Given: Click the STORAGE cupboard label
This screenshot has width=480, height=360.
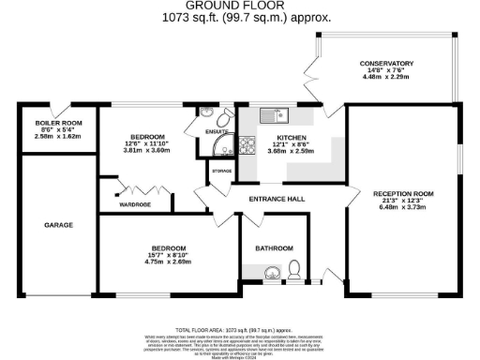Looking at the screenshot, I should (x=221, y=172).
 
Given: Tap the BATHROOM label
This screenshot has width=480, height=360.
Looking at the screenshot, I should (x=274, y=248).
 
